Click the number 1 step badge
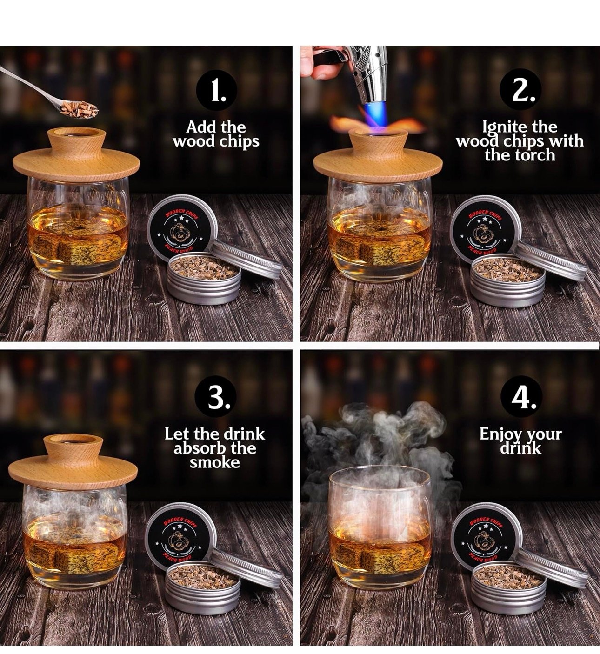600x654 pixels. click(x=216, y=90)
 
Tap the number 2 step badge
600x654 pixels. click(x=520, y=89)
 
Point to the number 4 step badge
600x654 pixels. click(x=521, y=396)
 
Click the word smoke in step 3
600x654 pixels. click(x=214, y=463)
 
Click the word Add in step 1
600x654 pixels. click(x=199, y=127)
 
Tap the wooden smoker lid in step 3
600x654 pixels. click(x=73, y=463)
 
